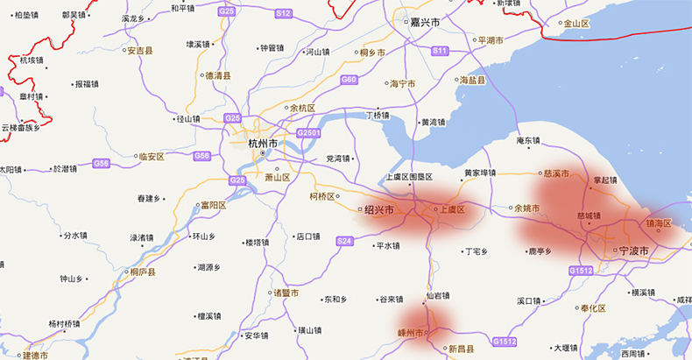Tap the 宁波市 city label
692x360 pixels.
pos(632,251)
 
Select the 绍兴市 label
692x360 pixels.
pos(378,209)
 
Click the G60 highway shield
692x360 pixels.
pos(350,80)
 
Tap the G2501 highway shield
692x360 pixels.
pos(309,132)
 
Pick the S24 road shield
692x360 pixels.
pos(343,241)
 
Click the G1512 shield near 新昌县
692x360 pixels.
pos(505,341)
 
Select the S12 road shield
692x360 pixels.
pos(283,13)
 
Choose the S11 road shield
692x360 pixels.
pos(441,52)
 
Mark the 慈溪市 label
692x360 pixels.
pos(556,173)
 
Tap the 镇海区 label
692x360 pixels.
pos(658,223)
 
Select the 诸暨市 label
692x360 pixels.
pos(286,293)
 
